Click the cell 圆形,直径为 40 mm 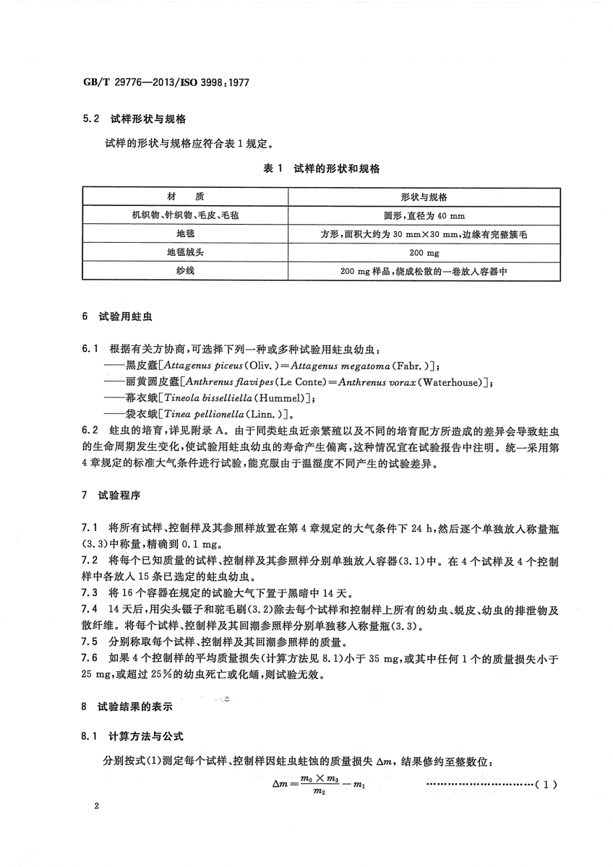click(x=424, y=215)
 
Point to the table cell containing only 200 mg click(x=424, y=253)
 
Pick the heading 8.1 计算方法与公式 click(x=133, y=736)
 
